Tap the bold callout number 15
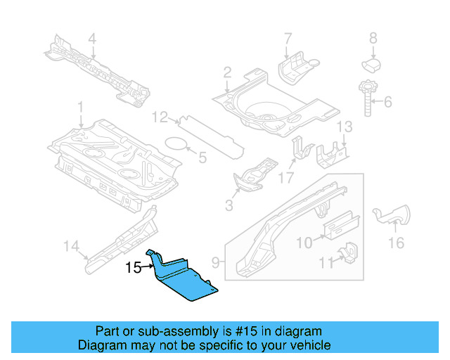tap(134, 268)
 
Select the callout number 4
tap(92, 39)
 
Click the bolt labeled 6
tap(368, 98)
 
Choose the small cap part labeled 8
tap(371, 65)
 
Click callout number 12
tap(160, 117)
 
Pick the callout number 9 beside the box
tap(216, 262)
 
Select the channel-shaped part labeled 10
tap(341, 226)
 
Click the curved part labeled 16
tap(392, 215)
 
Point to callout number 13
tap(345, 127)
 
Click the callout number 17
tap(286, 178)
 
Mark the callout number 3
tap(229, 205)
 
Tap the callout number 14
tap(71, 246)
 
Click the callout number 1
tap(80, 107)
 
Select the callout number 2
tap(227, 72)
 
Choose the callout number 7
tap(288, 39)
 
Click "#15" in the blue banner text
tap(246, 331)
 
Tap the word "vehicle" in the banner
tap(312, 345)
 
